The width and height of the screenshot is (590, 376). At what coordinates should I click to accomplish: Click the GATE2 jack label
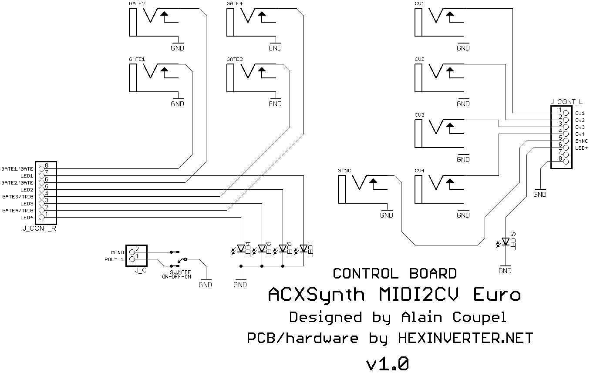137,3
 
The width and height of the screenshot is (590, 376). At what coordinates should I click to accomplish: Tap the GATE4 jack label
234,3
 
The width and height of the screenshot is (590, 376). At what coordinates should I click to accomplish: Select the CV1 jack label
420,3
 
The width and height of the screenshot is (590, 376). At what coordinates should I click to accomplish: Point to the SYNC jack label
344,171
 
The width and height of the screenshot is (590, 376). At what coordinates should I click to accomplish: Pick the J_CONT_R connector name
39,228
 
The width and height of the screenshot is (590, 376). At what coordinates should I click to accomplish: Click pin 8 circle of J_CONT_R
42,168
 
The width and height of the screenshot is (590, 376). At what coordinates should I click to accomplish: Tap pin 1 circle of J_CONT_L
566,113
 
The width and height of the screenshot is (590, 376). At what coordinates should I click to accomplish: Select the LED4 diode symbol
241,248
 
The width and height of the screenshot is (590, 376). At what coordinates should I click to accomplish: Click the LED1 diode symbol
303,248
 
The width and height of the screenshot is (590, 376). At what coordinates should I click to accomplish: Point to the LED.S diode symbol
506,241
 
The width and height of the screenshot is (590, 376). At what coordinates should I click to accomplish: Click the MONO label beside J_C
117,252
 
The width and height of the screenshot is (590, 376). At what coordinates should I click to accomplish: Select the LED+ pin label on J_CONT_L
581,148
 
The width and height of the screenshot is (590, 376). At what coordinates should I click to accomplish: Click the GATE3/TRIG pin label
17,197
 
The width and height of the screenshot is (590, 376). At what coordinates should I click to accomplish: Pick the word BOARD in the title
433,274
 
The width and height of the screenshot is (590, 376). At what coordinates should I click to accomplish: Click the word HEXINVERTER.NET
465,338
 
